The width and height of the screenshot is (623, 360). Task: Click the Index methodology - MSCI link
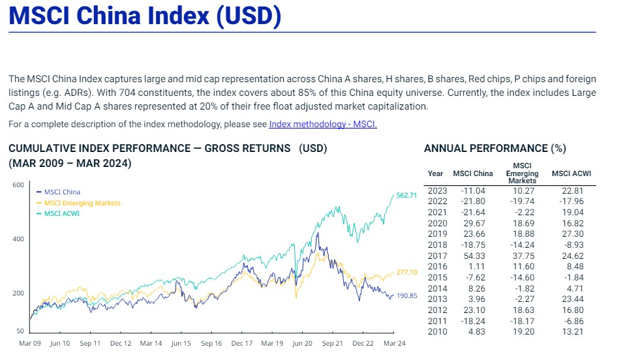pyautogui.click(x=323, y=124)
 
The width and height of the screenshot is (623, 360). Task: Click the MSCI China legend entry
pyautogui.click(x=62, y=192)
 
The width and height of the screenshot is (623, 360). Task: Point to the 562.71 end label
pyautogui.click(x=406, y=195)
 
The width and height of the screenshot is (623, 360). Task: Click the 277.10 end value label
pyautogui.click(x=406, y=272)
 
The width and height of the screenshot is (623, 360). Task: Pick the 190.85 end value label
pyautogui.click(x=406, y=295)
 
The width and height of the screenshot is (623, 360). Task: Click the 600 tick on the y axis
pyautogui.click(x=18, y=185)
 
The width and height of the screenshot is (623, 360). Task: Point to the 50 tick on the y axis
pyautogui.click(x=20, y=331)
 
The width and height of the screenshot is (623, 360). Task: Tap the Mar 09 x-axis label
pyautogui.click(x=30, y=343)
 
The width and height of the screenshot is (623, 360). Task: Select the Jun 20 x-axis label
pyautogui.click(x=302, y=343)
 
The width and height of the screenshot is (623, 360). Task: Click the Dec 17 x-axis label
pyautogui.click(x=241, y=343)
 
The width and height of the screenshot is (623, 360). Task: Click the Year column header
pyautogui.click(x=435, y=173)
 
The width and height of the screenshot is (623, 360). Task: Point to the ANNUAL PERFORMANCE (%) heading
pyautogui.click(x=494, y=149)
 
